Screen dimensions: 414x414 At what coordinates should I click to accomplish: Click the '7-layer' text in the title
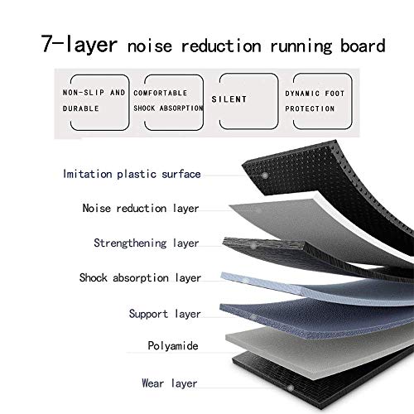[79, 44]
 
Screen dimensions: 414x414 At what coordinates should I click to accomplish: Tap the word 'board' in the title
[363, 46]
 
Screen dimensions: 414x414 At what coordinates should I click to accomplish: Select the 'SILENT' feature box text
[229, 99]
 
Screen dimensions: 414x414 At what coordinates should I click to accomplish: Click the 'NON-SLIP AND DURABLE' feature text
[94, 100]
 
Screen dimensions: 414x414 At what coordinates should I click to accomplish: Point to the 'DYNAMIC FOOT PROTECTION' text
[315, 101]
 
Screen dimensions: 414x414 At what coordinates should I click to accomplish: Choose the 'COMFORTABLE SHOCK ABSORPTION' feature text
[168, 100]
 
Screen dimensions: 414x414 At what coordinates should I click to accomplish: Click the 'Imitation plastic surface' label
[132, 174]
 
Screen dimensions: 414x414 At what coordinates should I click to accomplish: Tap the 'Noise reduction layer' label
[141, 209]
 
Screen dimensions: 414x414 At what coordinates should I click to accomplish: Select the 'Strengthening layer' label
[147, 243]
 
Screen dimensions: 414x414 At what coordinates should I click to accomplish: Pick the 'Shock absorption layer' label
[140, 278]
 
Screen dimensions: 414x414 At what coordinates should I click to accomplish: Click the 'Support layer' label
[165, 314]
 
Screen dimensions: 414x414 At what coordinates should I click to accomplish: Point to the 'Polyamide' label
[173, 346]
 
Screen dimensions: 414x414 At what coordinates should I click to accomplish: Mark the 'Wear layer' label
[170, 383]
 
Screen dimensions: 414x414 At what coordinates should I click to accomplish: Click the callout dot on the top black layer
[265, 176]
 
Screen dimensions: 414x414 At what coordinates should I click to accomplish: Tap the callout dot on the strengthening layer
[253, 246]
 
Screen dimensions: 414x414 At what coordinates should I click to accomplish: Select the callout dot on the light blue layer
[246, 281]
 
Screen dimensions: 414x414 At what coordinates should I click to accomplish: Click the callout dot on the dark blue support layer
[253, 317]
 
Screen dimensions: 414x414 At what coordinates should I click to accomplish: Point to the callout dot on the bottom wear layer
[290, 388]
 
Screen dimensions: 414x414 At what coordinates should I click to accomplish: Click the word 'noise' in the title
[150, 46]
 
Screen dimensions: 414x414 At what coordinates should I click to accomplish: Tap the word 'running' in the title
[301, 46]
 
